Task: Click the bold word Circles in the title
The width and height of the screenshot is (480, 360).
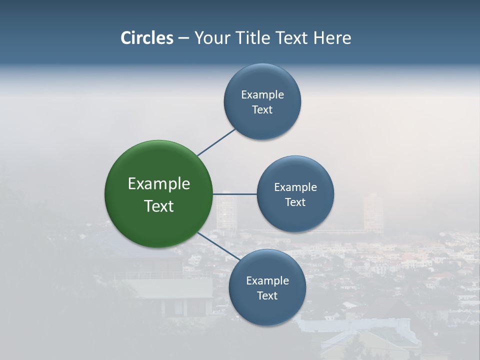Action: tap(146, 38)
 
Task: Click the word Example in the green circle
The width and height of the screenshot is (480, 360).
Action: tap(159, 184)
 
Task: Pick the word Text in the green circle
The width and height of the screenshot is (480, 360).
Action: tap(159, 206)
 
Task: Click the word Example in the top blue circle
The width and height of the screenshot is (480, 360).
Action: tap(262, 95)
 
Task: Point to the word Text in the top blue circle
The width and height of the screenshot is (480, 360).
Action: tap(262, 110)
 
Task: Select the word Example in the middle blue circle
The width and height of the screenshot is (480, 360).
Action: tap(295, 187)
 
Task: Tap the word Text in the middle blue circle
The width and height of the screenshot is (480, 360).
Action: tap(295, 202)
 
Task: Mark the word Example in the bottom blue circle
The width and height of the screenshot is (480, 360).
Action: tap(267, 281)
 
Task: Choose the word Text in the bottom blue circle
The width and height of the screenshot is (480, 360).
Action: tap(267, 296)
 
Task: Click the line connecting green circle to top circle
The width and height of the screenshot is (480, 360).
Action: tap(216, 142)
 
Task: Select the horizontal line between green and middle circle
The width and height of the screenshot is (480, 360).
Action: tap(235, 194)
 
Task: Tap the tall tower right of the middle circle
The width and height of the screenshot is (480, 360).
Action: tap(373, 212)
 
